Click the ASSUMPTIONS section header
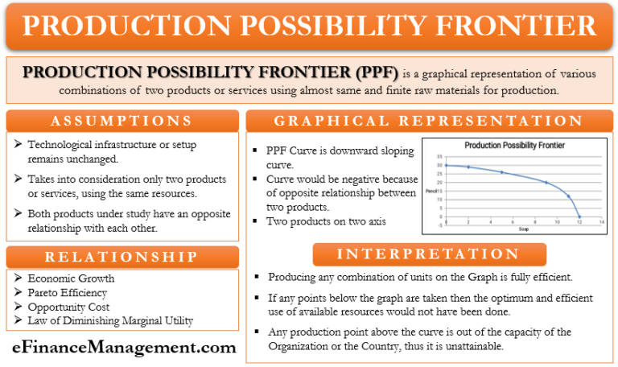point(122,121)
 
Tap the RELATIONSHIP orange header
point(122,257)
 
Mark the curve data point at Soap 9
point(546,182)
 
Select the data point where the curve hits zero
point(579,216)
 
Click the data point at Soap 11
point(568,196)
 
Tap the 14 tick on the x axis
point(600,222)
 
